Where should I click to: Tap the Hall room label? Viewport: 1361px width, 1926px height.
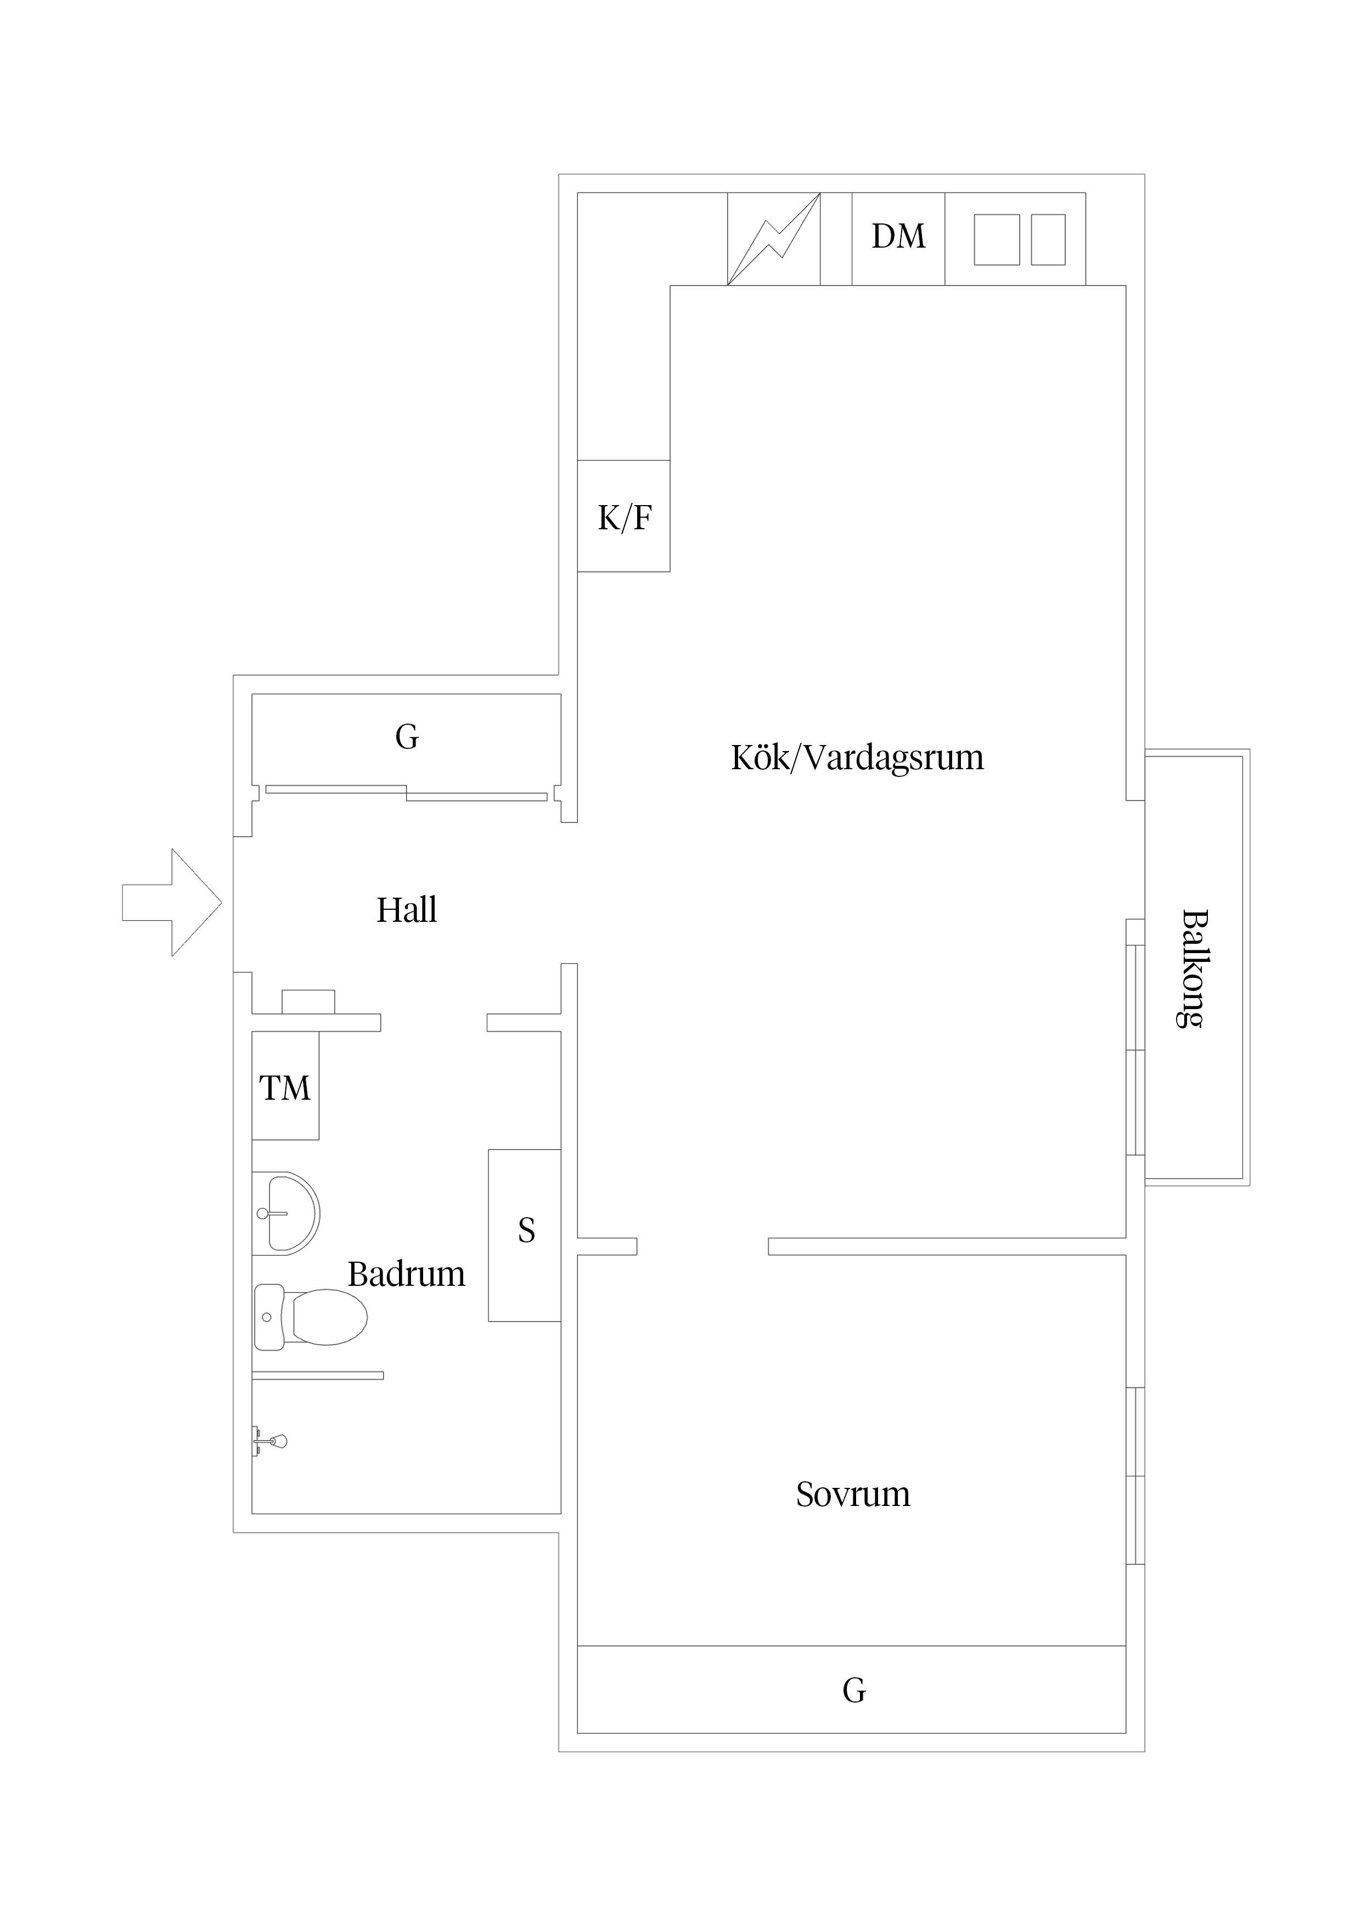(407, 910)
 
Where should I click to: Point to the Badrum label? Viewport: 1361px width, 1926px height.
(407, 1274)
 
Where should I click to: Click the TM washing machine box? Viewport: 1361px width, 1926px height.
(285, 1088)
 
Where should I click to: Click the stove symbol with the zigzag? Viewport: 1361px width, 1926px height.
(773, 238)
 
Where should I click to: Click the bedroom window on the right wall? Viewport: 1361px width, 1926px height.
(1134, 1476)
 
